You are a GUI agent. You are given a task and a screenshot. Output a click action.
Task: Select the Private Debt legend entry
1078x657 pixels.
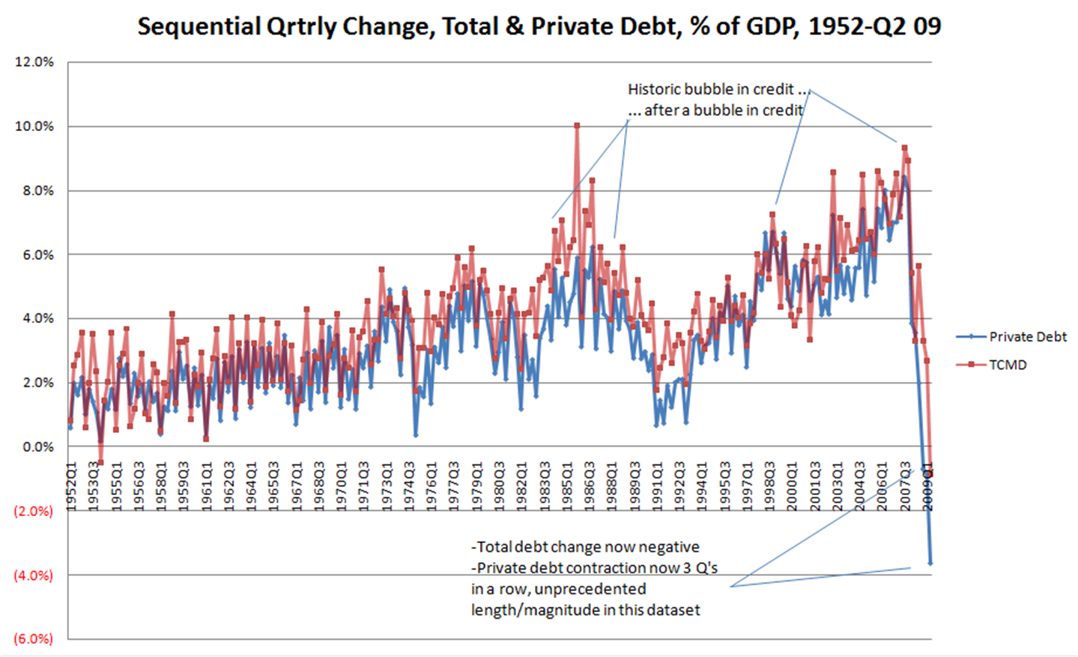tap(1011, 337)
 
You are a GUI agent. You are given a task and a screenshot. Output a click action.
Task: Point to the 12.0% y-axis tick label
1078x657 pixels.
tap(34, 62)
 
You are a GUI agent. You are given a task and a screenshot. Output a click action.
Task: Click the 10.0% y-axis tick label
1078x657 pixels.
tap(34, 127)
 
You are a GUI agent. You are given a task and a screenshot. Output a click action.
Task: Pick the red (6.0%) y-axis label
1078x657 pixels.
tap(33, 639)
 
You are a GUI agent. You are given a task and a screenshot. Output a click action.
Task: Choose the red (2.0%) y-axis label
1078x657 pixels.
tap(33, 512)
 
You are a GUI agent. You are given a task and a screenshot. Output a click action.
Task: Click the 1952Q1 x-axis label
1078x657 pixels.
tap(71, 487)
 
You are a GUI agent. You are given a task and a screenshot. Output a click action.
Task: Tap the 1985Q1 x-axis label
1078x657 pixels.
tap(567, 487)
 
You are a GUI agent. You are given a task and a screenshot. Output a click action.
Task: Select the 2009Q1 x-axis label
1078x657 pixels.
tap(927, 487)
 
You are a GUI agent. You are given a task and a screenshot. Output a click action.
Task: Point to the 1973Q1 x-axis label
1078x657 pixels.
tap(387, 487)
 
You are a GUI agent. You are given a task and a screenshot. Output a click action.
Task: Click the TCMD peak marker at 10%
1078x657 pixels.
tap(577, 126)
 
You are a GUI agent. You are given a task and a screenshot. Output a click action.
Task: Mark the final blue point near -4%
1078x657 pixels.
tap(930, 563)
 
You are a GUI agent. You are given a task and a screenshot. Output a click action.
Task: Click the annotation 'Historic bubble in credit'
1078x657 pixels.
tap(710, 89)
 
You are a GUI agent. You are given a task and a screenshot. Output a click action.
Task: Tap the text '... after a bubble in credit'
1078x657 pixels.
tap(715, 110)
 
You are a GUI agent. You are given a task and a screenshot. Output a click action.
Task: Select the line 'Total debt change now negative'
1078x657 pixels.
tap(585, 547)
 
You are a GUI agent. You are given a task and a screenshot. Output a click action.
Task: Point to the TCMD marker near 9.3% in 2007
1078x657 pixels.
tap(905, 148)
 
